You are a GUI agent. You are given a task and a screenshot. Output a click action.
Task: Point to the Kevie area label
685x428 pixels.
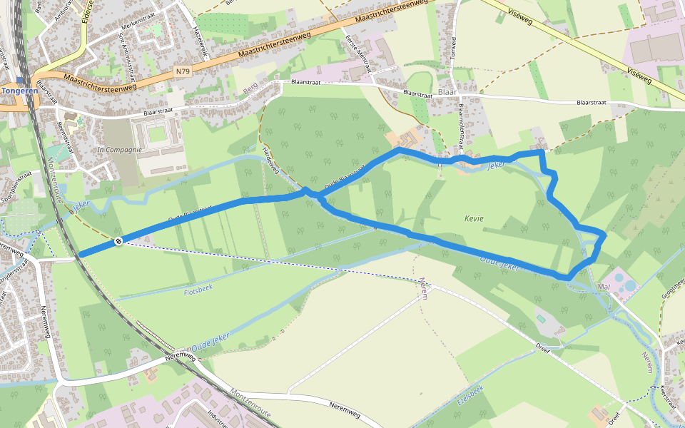click(x=473, y=218)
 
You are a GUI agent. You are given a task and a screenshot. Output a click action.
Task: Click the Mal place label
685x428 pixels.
click(x=606, y=287)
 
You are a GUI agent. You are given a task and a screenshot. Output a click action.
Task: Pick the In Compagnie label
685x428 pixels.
click(x=120, y=150)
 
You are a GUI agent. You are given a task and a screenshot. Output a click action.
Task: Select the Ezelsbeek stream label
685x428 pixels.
click(x=467, y=397)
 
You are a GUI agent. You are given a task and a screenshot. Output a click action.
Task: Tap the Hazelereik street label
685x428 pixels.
click(x=199, y=44)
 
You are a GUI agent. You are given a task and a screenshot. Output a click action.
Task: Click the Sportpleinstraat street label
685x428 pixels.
click(x=16, y=188)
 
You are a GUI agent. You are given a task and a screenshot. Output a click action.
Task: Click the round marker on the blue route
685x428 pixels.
click(x=118, y=241)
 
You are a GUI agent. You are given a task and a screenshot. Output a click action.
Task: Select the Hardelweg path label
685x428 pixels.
click(x=270, y=161)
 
